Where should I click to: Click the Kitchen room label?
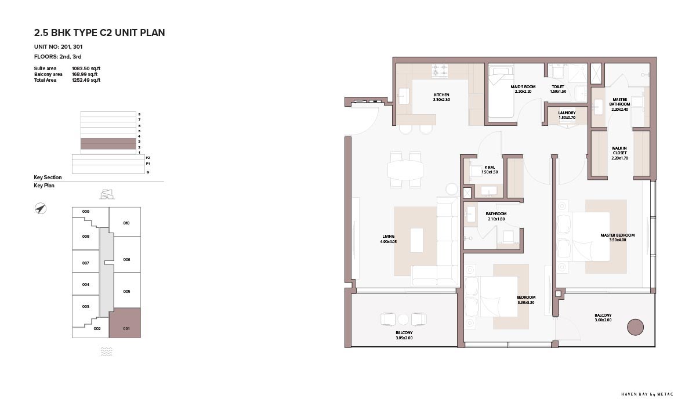pos(441,95)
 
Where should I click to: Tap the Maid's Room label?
pos(523,86)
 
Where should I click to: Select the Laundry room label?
pos(567,113)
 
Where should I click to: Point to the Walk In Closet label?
pos(619,151)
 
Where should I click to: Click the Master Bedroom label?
pos(617,235)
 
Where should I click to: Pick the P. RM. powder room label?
pos(490,167)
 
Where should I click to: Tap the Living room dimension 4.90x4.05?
pos(389,241)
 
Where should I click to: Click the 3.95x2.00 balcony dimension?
pos(404,338)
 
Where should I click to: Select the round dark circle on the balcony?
pos(635,327)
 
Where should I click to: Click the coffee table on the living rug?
pos(416,240)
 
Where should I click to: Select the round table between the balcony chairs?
pos(403,319)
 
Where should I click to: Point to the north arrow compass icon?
pos(40,208)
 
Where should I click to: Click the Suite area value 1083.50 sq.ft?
pos(86,68)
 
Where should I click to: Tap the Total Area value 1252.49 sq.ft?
pos(86,80)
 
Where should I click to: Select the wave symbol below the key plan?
pos(106,351)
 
